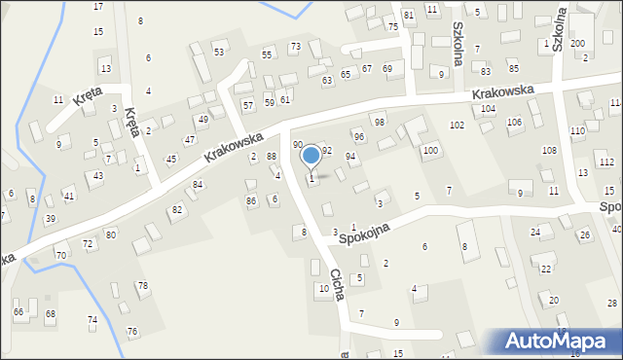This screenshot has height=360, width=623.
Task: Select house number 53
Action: (x=219, y=52)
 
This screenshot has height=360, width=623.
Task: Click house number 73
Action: (x=295, y=47)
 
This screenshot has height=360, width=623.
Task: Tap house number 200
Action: (x=577, y=44)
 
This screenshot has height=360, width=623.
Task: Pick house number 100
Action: (x=429, y=151)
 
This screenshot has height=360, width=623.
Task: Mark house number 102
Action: (x=457, y=126)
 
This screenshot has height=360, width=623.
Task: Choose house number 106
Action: (x=514, y=122)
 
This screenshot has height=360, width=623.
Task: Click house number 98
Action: (x=379, y=122)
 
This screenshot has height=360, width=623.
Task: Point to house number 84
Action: (x=198, y=184)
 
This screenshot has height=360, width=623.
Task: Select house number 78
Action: (x=143, y=285)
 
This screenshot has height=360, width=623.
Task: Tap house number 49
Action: (x=202, y=119)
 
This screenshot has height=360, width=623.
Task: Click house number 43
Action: (x=97, y=175)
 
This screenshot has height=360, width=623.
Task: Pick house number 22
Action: (x=546, y=269)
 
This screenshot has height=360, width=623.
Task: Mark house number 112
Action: (x=606, y=162)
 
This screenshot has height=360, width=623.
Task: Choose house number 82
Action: (x=176, y=209)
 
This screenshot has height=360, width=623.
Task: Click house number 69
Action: (x=386, y=68)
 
